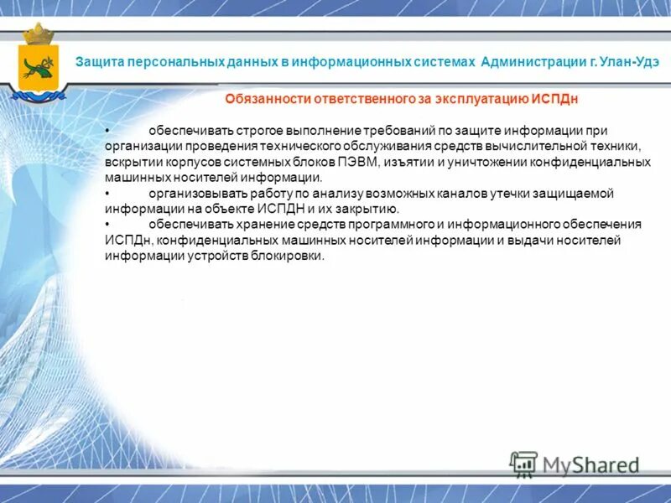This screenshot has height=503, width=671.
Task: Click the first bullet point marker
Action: click(x=107, y=130)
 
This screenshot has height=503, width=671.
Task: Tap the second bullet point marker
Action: click(x=107, y=193)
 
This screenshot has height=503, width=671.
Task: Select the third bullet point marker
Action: click(x=107, y=225)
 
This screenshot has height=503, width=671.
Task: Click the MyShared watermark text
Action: click(x=591, y=464)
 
